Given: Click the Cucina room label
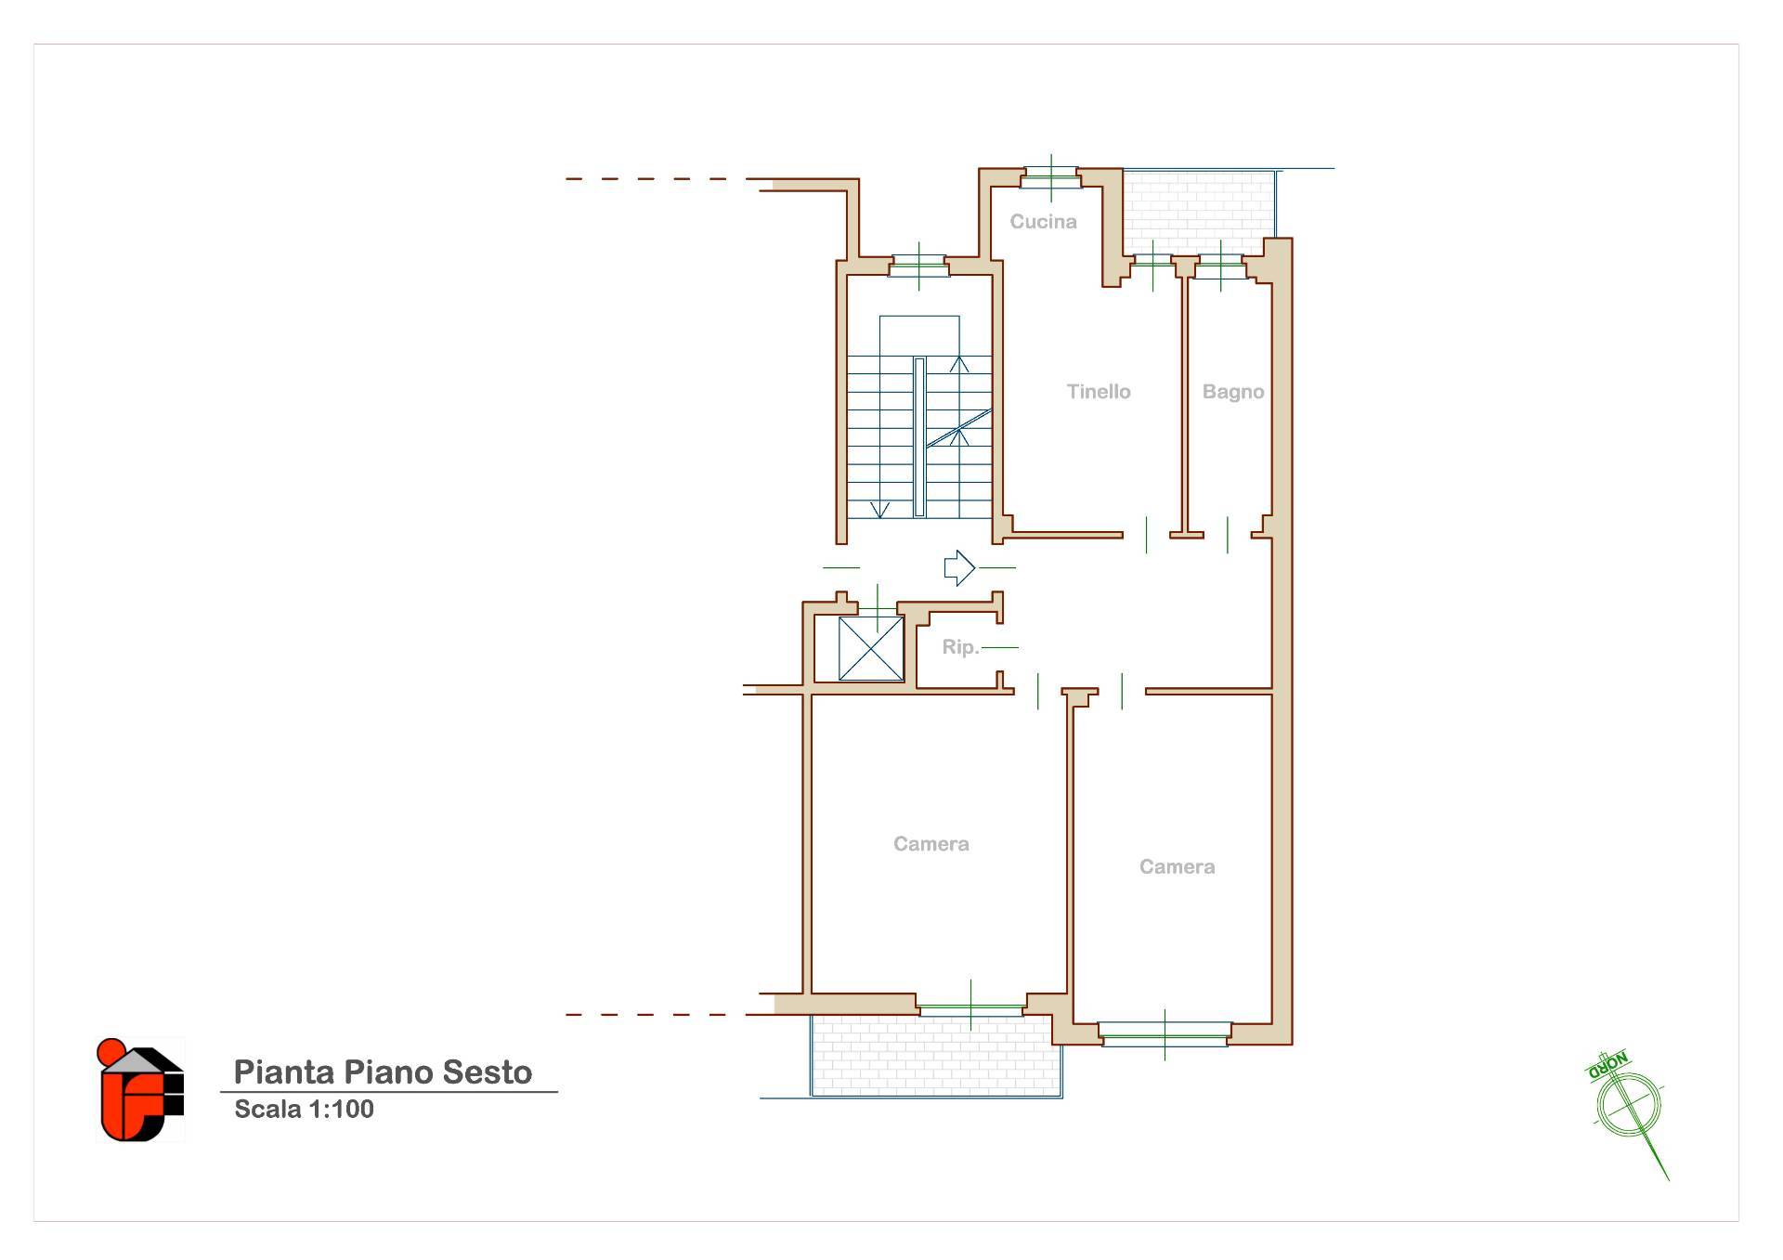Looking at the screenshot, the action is pos(1043,222).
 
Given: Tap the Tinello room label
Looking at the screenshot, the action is pos(1099,392).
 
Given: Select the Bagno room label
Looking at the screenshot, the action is pos(1233,392).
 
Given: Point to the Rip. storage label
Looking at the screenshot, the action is pos(960,647).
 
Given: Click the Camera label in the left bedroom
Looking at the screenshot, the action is pos(931,844).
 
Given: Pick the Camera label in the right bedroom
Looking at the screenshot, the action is pos(1177,867).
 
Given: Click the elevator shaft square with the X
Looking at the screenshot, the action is pos(871,648).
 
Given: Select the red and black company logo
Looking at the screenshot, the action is pos(141,1090).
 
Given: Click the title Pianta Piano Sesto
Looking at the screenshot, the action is pos(383,1072).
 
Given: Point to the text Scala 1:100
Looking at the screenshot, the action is pos(304,1110).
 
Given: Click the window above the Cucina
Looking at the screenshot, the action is pos(1050,177).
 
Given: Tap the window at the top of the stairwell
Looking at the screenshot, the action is pos(918,266).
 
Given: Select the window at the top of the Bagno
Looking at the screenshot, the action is pos(1219,266).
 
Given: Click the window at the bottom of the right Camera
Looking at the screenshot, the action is pos(1165,1033).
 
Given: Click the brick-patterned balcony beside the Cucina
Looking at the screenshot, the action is pos(1198,212).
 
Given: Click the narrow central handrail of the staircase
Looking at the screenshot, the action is pos(919,436).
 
